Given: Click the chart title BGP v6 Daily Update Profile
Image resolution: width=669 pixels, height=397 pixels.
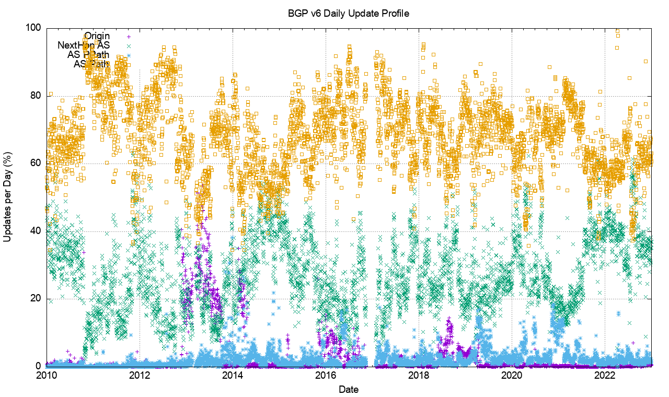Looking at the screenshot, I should click(348, 13).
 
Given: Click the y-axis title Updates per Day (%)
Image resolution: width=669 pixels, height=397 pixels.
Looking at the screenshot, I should click(8, 196).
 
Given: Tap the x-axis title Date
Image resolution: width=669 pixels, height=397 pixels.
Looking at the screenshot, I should click(348, 389).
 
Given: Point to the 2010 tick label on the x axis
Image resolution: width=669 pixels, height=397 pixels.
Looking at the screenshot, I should click(46, 375).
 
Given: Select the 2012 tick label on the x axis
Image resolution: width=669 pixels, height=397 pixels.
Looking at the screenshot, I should click(139, 375).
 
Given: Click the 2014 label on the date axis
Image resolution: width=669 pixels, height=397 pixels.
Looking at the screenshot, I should click(232, 375).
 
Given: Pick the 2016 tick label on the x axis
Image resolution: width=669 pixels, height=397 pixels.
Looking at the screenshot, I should click(326, 375).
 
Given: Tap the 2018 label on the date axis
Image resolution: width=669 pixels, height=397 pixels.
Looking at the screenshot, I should click(419, 375).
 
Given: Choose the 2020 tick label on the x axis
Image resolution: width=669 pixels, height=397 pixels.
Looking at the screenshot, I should click(512, 375).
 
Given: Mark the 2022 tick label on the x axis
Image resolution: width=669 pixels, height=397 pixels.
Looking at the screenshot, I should click(605, 375).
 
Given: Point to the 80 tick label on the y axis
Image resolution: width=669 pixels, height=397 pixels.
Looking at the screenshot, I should click(37, 96).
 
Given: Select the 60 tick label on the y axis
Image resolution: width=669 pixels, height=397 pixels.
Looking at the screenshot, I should click(37, 164).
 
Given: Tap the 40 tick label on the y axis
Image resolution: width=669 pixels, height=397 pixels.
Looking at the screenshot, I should click(37, 231).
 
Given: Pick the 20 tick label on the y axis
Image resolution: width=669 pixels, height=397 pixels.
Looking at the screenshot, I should click(37, 299).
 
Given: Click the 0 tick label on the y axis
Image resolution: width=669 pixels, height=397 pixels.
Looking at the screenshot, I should click(39, 367).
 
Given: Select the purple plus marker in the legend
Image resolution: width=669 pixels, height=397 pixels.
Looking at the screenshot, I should click(129, 37).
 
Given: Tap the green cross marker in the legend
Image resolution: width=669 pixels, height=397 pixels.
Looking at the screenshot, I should click(129, 46).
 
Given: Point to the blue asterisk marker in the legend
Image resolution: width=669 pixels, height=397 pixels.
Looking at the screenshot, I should click(129, 55).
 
